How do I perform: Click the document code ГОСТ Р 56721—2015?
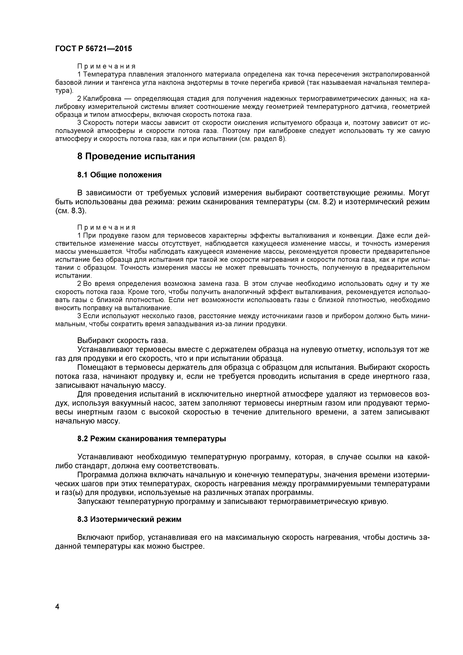[x=93, y=49]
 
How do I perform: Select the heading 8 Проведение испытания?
[x=136, y=156]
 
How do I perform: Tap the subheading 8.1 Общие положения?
[x=119, y=175]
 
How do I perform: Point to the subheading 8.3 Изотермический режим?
[x=129, y=519]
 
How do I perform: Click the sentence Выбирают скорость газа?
[x=123, y=341]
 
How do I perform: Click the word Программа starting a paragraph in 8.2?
[x=97, y=475]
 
